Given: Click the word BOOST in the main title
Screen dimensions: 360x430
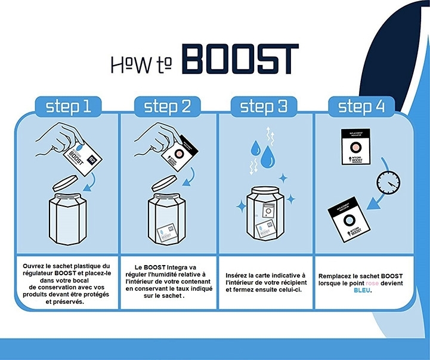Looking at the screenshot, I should [x=239, y=60].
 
